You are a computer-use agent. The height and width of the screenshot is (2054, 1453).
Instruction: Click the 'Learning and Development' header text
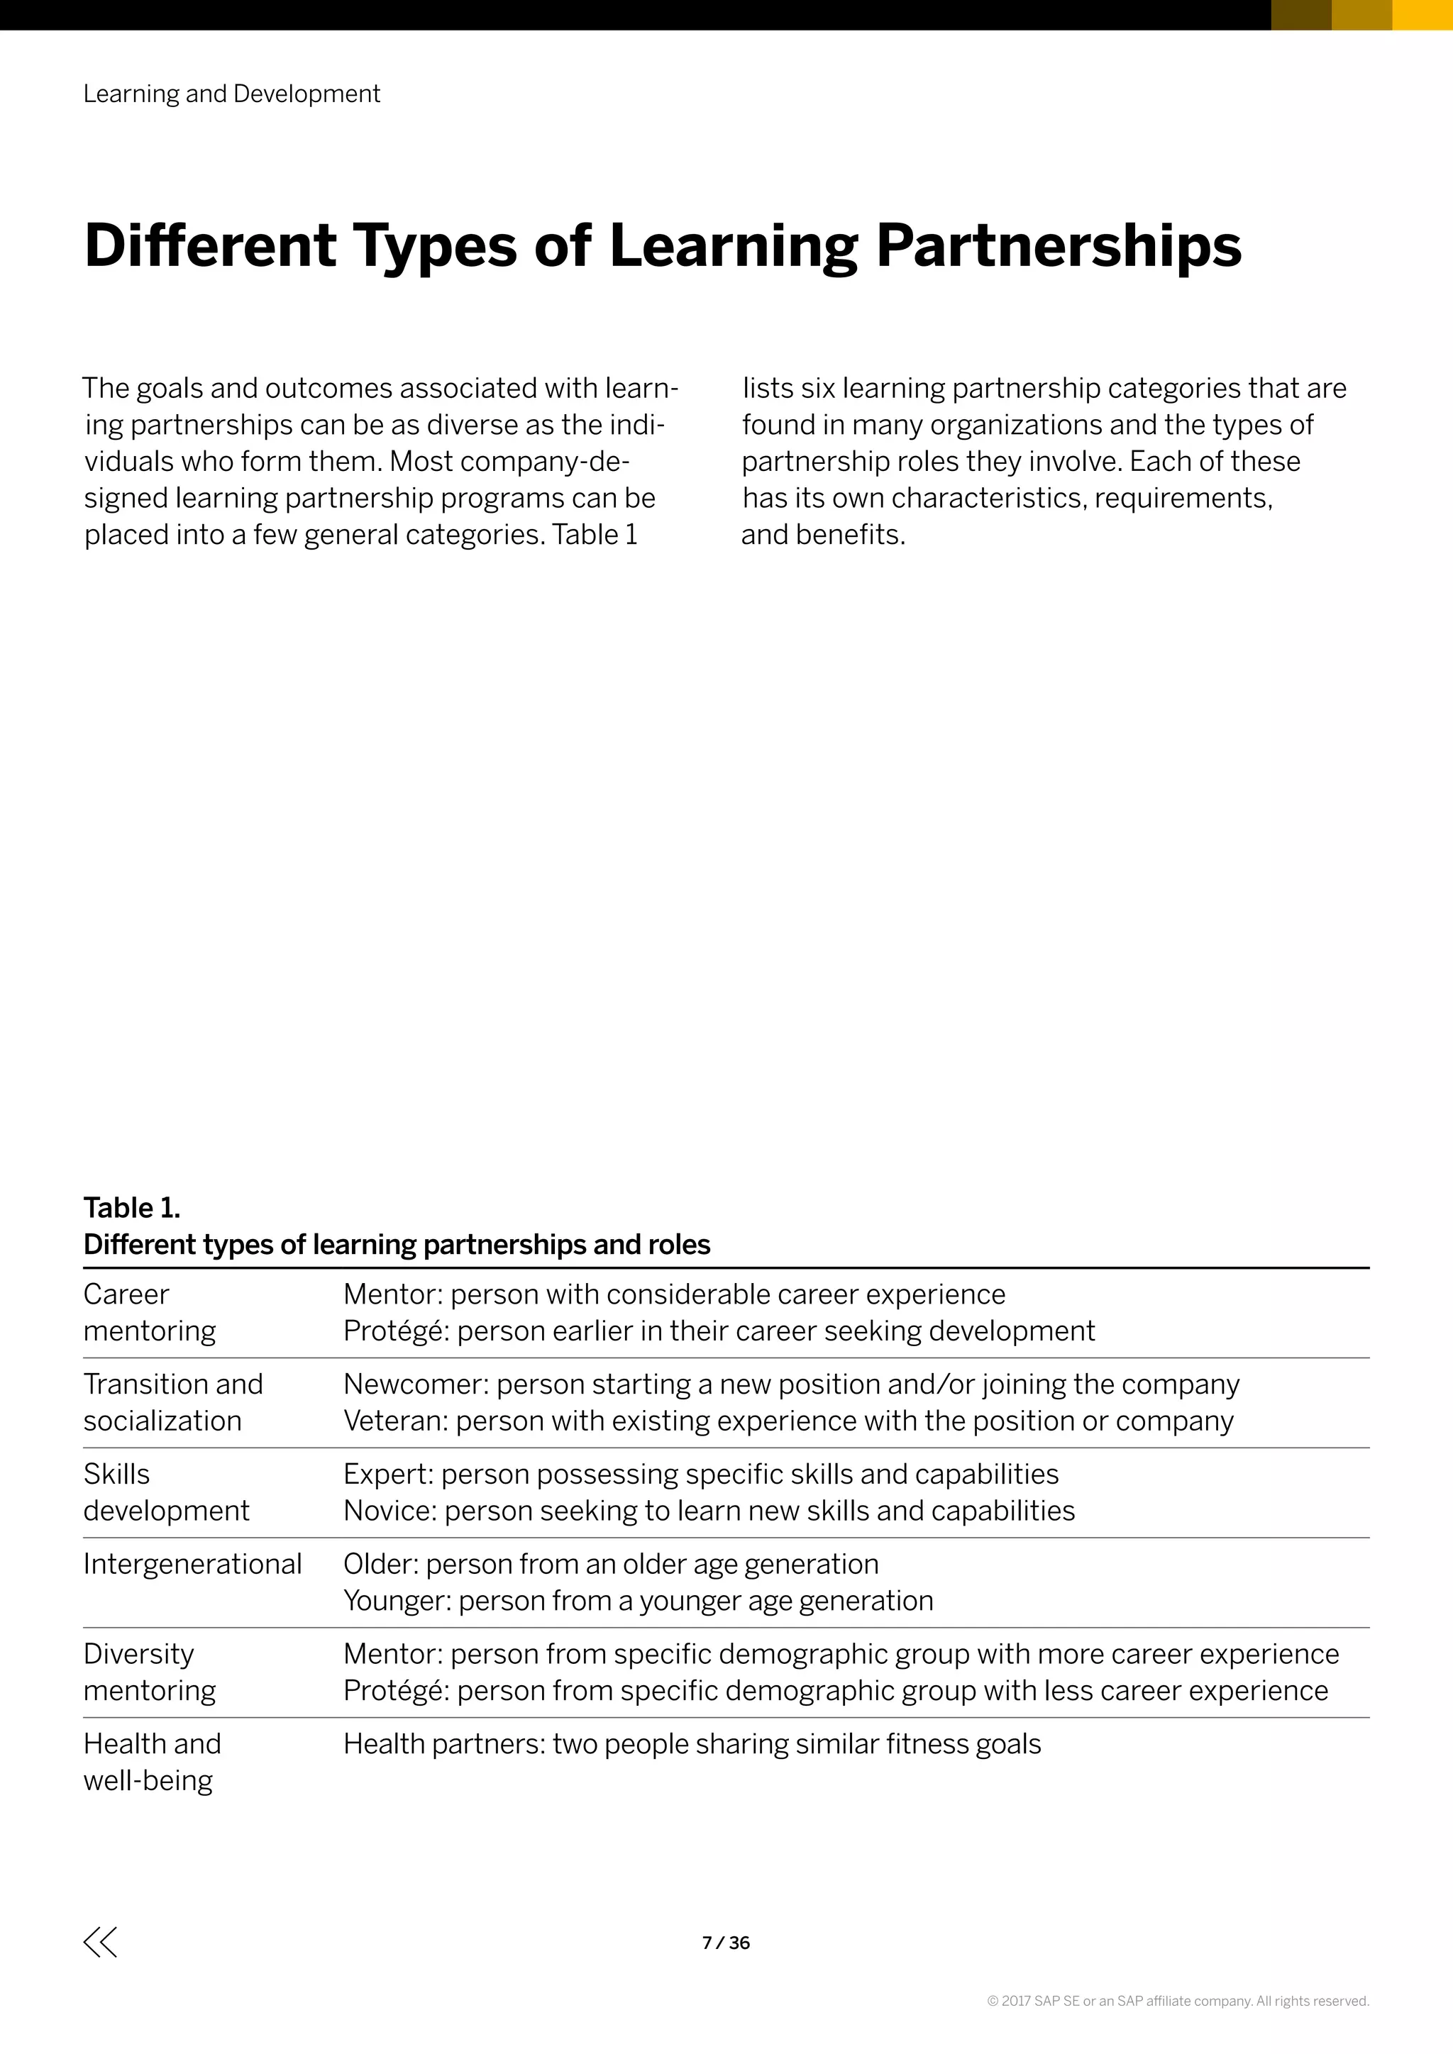click(x=232, y=94)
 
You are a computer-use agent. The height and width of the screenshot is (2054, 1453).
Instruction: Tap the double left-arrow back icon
click(x=100, y=1942)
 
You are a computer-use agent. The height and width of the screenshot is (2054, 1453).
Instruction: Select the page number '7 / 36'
click(x=726, y=1943)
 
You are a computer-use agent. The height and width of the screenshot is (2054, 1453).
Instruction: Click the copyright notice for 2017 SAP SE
click(x=1178, y=2002)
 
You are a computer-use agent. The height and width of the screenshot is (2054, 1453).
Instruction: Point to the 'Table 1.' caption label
click(x=131, y=1208)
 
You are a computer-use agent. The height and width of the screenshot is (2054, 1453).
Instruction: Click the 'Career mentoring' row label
click(x=150, y=1312)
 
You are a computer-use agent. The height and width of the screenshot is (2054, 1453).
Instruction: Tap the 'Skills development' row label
click(x=165, y=1492)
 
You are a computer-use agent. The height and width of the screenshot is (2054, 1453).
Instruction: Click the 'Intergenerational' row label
click(x=192, y=1564)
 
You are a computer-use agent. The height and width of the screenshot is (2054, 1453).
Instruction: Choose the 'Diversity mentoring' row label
click(x=150, y=1672)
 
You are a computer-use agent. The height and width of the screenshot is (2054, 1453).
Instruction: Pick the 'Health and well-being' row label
click(x=152, y=1762)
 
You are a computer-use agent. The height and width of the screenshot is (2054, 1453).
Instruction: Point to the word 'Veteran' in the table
click(x=394, y=1421)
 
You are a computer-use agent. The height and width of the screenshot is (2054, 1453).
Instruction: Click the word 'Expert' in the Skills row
click(x=387, y=1475)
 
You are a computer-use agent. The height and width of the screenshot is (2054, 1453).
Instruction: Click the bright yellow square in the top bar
click(x=1422, y=14)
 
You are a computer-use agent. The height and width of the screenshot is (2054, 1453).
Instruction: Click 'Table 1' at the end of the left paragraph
click(x=594, y=535)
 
